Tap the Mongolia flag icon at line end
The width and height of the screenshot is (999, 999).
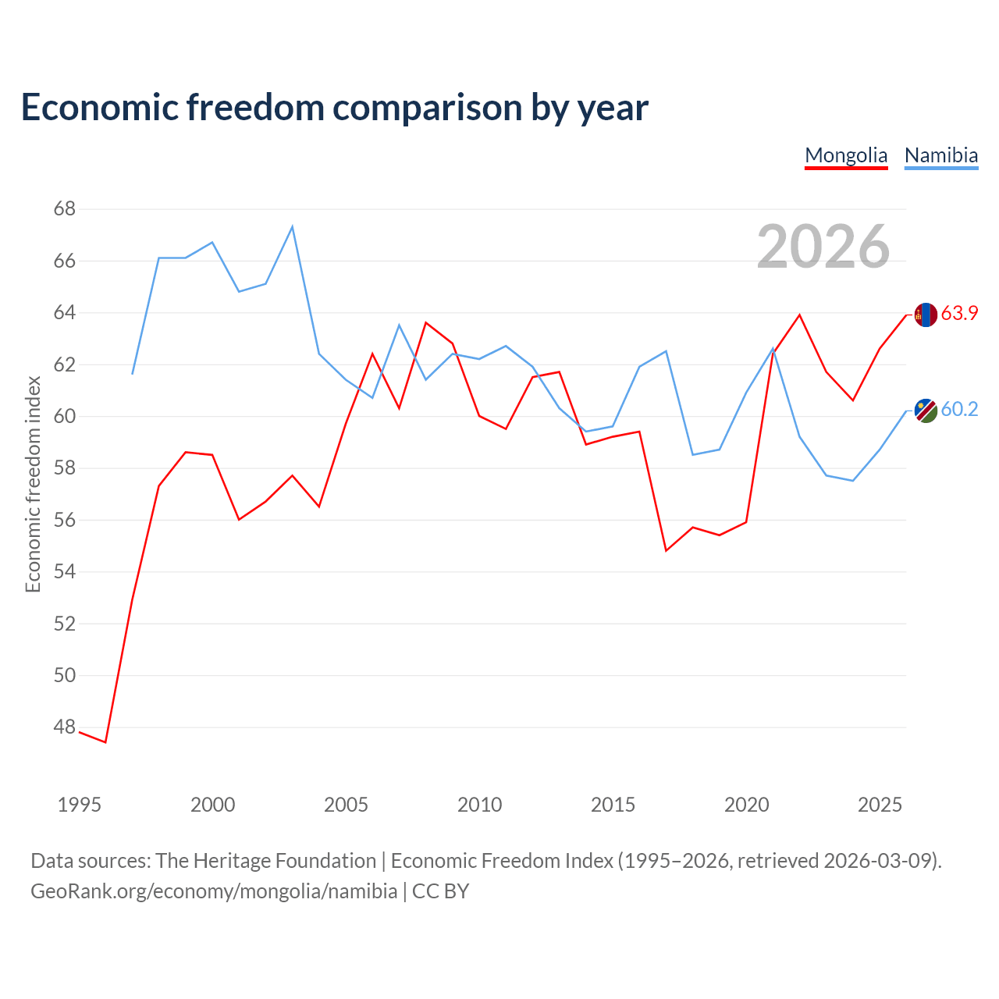(x=926, y=315)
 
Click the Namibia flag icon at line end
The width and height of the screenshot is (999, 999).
(x=926, y=411)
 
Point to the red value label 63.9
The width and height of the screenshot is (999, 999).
(x=959, y=313)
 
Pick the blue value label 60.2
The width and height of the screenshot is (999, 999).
(x=959, y=409)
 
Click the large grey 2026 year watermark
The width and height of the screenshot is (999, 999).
(x=823, y=247)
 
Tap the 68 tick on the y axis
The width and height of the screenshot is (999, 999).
(x=65, y=209)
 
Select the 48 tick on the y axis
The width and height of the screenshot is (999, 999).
(x=65, y=727)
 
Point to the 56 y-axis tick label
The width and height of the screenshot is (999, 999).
(x=65, y=520)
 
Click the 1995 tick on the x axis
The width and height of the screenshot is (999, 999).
(x=80, y=805)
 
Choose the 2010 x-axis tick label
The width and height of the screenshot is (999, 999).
(x=479, y=805)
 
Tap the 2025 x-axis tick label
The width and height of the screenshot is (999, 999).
(x=880, y=805)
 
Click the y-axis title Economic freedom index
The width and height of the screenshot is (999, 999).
(x=34, y=484)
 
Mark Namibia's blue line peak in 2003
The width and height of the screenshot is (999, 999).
(x=293, y=226)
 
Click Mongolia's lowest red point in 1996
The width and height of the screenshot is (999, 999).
(x=106, y=742)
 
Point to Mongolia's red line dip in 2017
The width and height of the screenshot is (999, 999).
(x=667, y=550)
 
